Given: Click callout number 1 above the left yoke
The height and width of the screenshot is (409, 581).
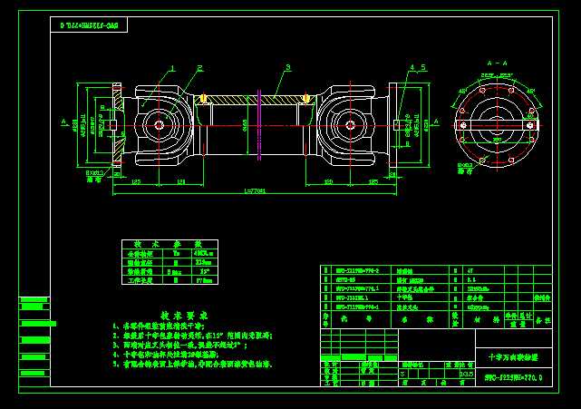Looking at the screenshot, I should click(x=170, y=68).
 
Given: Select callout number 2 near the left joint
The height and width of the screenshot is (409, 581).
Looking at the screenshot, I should click(x=199, y=68).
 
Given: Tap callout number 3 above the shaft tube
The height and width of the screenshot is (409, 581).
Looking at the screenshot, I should click(x=287, y=68).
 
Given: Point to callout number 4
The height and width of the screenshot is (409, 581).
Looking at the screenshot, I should click(x=412, y=68).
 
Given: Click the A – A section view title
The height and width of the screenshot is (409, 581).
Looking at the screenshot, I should click(x=497, y=63).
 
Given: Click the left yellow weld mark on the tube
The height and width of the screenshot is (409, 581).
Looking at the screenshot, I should click(x=204, y=98).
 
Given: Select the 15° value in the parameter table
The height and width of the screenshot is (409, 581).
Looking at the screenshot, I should click(x=205, y=271).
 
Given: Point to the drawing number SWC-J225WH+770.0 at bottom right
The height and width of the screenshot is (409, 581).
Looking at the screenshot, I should click(x=512, y=375).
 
